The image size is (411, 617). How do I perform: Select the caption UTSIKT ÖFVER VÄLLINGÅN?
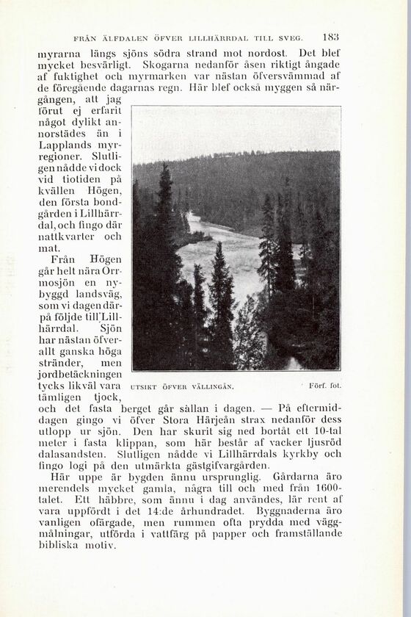pyautogui.click(x=181, y=386)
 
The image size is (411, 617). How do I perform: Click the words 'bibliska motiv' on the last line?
pyautogui.click(x=76, y=546)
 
